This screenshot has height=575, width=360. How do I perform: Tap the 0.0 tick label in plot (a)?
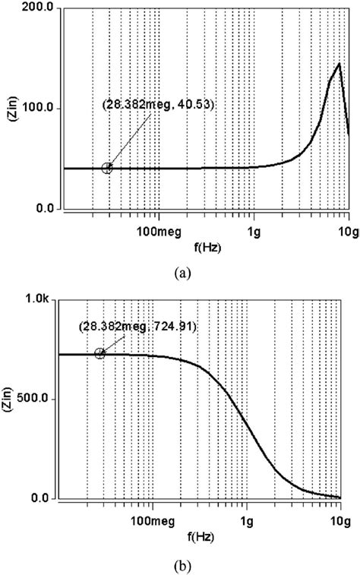44,209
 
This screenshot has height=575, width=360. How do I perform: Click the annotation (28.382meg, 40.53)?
159,104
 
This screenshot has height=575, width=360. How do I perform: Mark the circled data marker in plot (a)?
107,168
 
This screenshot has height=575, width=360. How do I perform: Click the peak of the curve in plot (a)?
339,64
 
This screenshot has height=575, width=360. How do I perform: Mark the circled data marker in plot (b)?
100,354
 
